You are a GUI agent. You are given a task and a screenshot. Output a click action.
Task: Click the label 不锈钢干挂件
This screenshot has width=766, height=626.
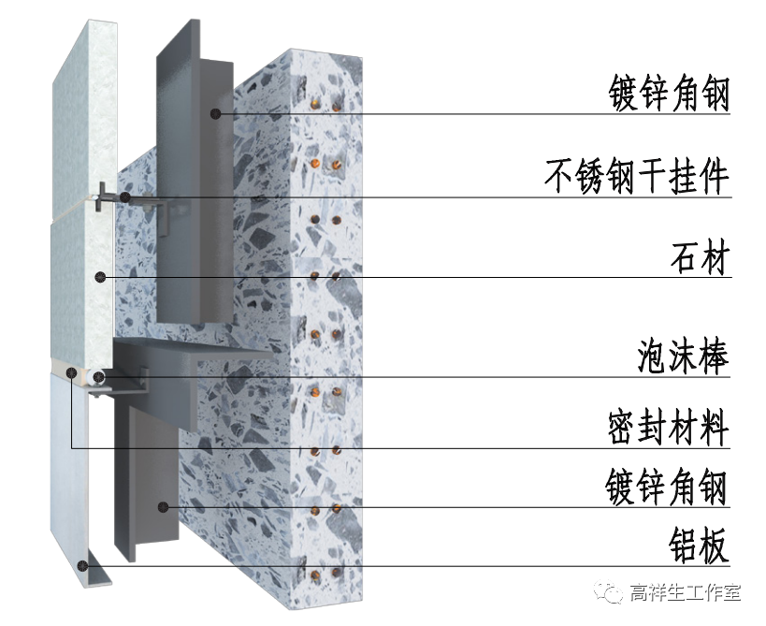click(636, 176)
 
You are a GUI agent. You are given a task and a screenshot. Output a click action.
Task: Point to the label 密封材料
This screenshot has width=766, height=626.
click(667, 429)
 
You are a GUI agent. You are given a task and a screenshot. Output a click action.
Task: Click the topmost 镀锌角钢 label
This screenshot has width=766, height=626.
click(667, 95)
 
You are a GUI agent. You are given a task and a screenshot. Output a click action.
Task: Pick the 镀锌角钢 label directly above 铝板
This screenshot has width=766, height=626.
click(667, 488)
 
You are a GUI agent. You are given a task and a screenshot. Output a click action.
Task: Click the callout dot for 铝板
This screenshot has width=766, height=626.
click(84, 565)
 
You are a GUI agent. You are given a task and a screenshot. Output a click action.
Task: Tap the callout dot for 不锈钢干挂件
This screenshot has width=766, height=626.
click(123, 197)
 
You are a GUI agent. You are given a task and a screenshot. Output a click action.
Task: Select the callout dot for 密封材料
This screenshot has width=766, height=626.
click(72, 373)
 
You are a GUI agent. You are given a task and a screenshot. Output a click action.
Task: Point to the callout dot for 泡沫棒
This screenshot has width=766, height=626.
click(99, 377)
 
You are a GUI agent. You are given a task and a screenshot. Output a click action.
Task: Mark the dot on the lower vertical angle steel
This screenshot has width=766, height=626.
click(163, 507)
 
